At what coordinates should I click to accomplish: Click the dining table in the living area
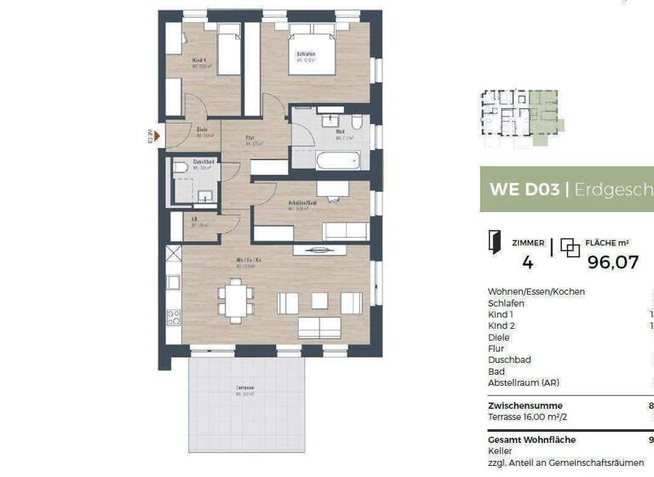click(x=235, y=300)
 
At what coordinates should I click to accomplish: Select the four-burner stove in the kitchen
click(x=174, y=318)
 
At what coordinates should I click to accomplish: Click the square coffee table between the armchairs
click(x=319, y=300)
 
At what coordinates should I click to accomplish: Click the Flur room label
click(x=252, y=138)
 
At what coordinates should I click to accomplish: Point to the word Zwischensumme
click(x=525, y=405)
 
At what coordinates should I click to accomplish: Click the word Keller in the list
click(x=501, y=451)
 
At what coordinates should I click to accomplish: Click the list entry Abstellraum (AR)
click(x=524, y=382)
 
